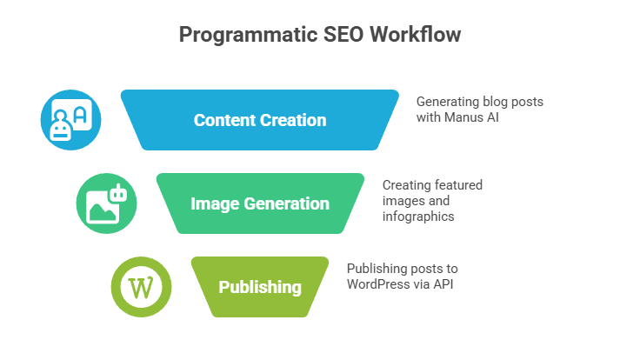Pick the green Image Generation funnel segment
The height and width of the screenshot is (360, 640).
(x=260, y=204)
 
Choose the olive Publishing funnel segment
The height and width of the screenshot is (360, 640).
(x=260, y=287)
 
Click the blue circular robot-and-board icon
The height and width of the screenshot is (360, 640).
(x=71, y=120)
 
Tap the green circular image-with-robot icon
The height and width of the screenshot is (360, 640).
(x=106, y=203)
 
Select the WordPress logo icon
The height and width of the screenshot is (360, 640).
(x=141, y=287)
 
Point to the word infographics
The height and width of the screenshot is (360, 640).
(x=418, y=216)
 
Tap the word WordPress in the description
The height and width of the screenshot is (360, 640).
(x=377, y=283)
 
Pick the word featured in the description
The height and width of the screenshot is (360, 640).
(x=455, y=184)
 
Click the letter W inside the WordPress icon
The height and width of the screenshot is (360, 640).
(x=141, y=287)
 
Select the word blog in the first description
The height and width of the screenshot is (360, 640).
(x=499, y=101)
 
